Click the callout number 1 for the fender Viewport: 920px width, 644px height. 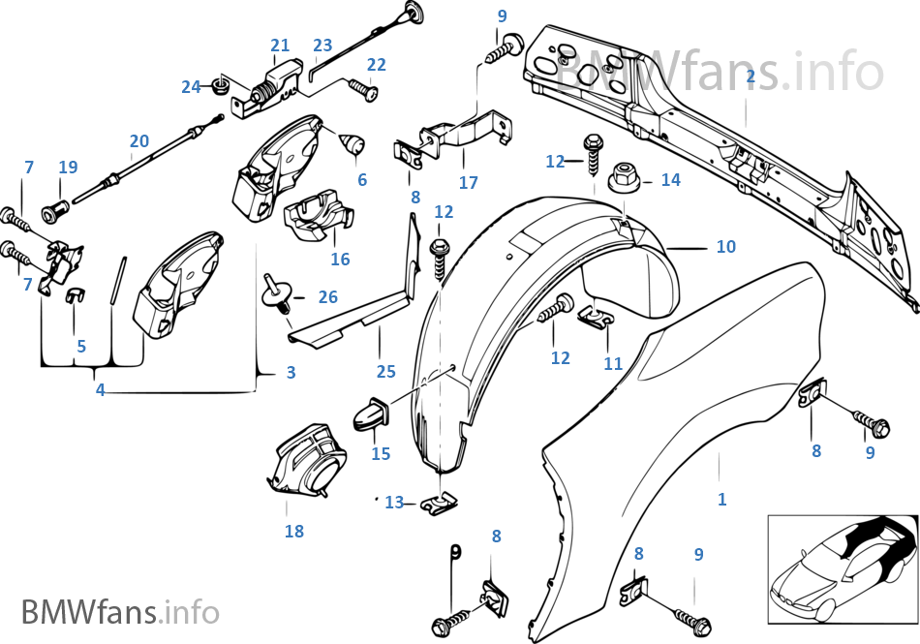pyautogui.click(x=721, y=500)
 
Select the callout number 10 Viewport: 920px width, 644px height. pyautogui.click(x=725, y=248)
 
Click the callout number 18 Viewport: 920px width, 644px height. pyautogui.click(x=293, y=531)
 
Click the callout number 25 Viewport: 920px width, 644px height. pyautogui.click(x=386, y=371)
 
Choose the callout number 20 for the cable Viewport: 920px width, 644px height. pyautogui.click(x=139, y=141)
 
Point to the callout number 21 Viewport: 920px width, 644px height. pyautogui.click(x=280, y=46)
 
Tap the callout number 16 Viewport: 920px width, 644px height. pyautogui.click(x=339, y=260)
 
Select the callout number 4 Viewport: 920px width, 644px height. pyautogui.click(x=100, y=390)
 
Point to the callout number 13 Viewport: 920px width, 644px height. pyautogui.click(x=394, y=502)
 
